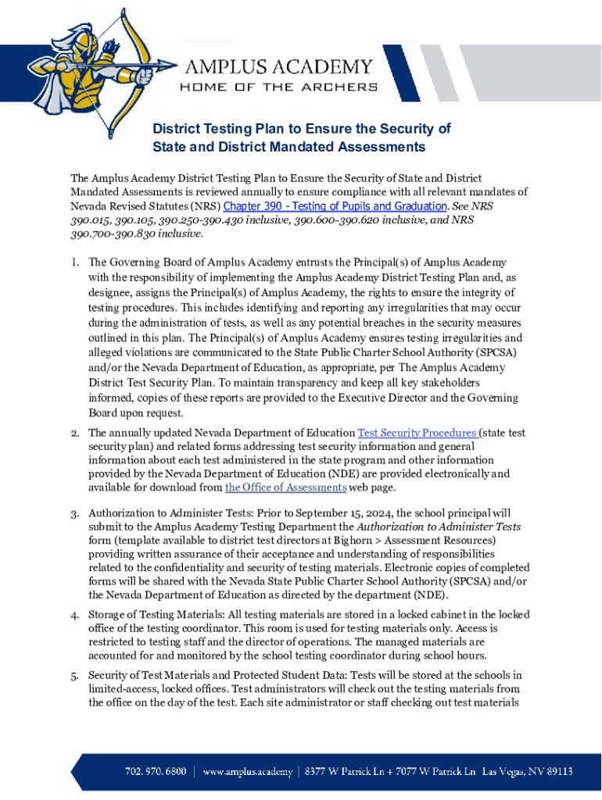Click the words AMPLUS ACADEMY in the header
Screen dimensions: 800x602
pos(278,66)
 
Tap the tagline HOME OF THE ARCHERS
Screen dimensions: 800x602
pos(278,87)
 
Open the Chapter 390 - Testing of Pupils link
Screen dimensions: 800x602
pos(335,206)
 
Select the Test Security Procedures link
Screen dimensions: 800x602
pos(417,433)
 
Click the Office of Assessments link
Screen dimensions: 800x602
pos(285,487)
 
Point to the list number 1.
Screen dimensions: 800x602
pos(75,262)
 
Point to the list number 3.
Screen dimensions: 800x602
pos(75,513)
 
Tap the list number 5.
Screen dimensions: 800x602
pos(75,675)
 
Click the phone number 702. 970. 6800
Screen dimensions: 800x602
pos(155,771)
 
